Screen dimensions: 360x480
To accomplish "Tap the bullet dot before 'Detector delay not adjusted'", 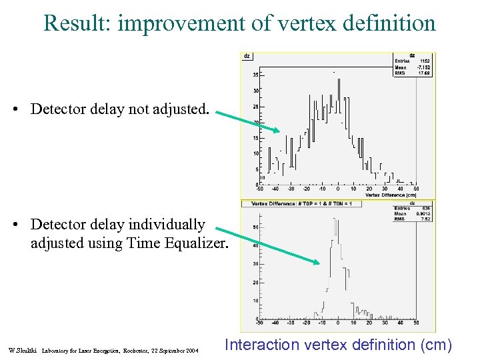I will tap(21, 109).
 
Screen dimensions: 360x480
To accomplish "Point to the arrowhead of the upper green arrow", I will tap(275, 129).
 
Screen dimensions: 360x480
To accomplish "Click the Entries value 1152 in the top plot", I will tap(424, 61).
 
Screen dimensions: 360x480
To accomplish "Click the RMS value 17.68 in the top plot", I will tap(424, 73).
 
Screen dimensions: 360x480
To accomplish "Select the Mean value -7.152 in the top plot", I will tap(423, 67).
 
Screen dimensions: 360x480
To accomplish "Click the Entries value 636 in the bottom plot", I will tap(426, 208).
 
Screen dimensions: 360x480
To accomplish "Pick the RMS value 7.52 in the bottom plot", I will tap(426, 219).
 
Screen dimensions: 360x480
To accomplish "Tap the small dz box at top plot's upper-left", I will tap(247, 56).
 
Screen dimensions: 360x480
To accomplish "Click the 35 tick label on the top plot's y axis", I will tap(255, 75).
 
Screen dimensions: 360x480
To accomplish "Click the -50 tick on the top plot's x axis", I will tap(260, 189).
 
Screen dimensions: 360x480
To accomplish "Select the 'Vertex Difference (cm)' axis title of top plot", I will tap(391, 195).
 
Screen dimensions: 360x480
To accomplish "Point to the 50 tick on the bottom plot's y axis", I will tap(256, 227).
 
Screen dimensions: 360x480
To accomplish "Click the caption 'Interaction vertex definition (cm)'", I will tap(338, 345).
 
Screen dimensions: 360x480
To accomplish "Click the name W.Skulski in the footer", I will tap(21, 350).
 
